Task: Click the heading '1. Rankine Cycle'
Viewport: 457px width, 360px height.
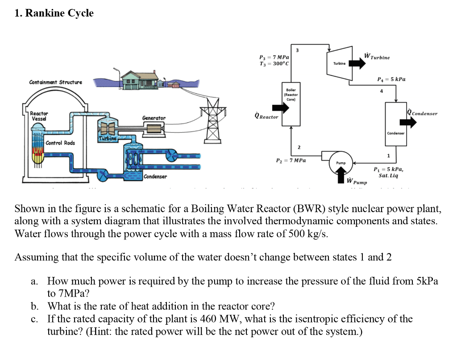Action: pyautogui.click(x=54, y=13)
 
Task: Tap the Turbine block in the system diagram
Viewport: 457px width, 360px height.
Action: pyautogui.click(x=339, y=63)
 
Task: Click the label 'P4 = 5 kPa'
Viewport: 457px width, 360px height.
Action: pyautogui.click(x=391, y=79)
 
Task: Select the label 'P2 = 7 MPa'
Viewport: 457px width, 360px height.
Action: pyautogui.click(x=291, y=160)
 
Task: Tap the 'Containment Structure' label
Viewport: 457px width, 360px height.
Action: pyautogui.click(x=56, y=82)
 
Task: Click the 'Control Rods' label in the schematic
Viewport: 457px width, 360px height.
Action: pyautogui.click(x=60, y=143)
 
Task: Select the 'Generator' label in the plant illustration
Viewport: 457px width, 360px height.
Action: pyautogui.click(x=154, y=118)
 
